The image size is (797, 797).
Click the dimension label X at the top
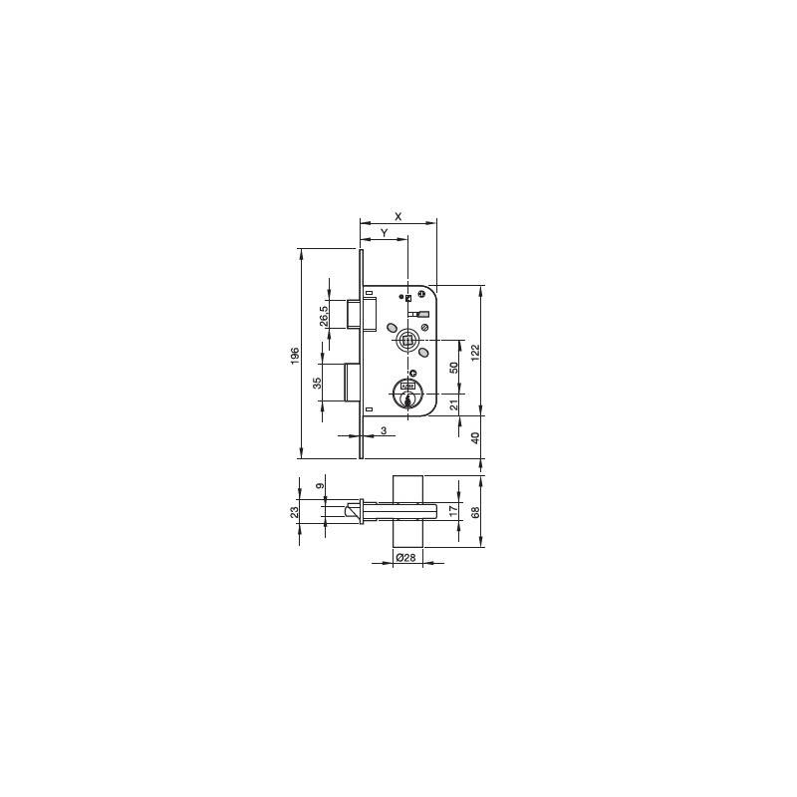[398, 216]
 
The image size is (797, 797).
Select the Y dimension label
[385, 233]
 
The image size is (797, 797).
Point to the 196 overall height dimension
[295, 356]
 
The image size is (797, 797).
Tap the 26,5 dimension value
[324, 313]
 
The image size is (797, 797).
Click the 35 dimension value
[317, 383]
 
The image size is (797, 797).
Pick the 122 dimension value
[475, 353]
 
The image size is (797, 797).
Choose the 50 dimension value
[454, 368]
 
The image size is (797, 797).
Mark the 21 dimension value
[454, 404]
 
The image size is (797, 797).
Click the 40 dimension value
[475, 437]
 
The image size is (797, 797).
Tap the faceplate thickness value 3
[384, 430]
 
